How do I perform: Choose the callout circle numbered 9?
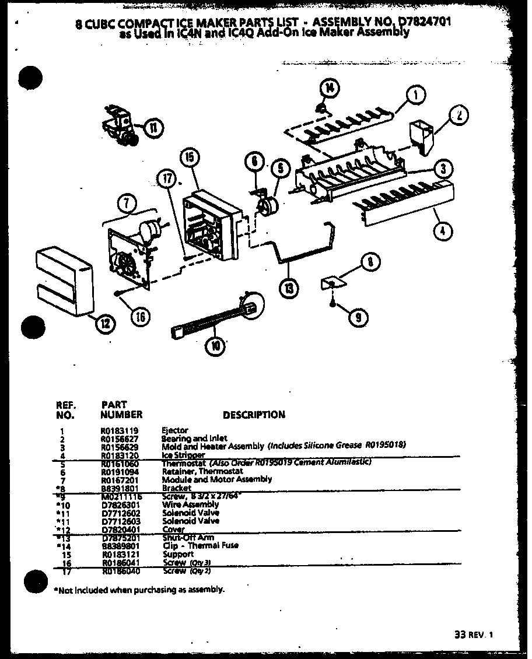pyautogui.click(x=357, y=317)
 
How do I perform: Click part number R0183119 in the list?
pyautogui.click(x=116, y=430)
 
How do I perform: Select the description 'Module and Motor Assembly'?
pyautogui.click(x=216, y=479)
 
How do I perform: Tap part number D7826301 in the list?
pyautogui.click(x=116, y=504)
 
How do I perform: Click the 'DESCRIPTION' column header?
pyautogui.click(x=254, y=415)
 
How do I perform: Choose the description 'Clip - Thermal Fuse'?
pyautogui.click(x=201, y=546)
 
